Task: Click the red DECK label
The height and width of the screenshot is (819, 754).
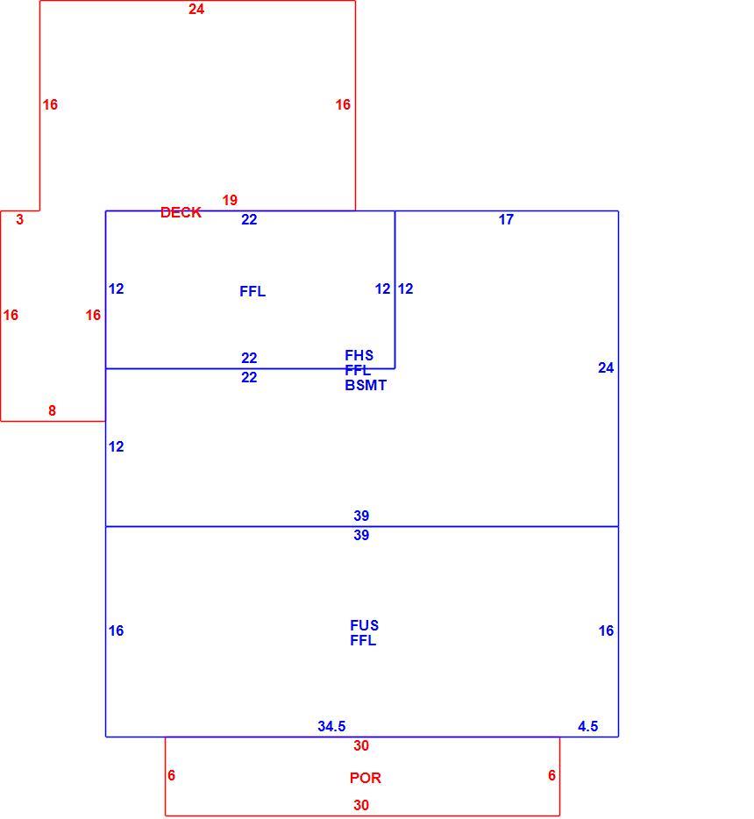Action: click(x=181, y=212)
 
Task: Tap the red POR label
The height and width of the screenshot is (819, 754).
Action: click(x=366, y=778)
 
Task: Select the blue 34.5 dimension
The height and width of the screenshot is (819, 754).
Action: click(x=331, y=726)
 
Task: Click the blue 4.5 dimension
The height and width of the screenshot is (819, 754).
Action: click(x=588, y=726)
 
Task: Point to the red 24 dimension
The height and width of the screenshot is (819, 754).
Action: click(x=196, y=9)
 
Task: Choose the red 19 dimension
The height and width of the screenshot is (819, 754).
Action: click(x=230, y=200)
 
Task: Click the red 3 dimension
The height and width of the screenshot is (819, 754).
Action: click(x=20, y=219)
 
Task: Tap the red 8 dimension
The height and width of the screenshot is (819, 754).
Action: click(x=53, y=410)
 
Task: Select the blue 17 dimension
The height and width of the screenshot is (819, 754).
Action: click(x=506, y=219)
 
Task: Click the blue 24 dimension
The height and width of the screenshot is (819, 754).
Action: click(x=606, y=367)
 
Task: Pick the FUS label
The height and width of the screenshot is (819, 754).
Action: click(x=365, y=625)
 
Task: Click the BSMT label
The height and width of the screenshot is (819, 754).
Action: click(x=366, y=386)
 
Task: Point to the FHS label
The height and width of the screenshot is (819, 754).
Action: click(x=359, y=355)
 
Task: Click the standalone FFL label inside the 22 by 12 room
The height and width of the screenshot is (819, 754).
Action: click(x=253, y=291)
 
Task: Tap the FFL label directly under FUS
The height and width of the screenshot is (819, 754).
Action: click(x=363, y=640)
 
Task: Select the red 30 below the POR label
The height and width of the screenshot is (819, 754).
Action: click(x=361, y=805)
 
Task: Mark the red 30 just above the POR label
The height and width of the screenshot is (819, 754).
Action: click(x=361, y=745)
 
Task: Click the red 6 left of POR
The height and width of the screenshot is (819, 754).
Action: click(x=171, y=775)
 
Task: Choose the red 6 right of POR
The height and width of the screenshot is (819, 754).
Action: click(x=552, y=775)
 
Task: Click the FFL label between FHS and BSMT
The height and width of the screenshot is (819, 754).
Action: click(x=358, y=370)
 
